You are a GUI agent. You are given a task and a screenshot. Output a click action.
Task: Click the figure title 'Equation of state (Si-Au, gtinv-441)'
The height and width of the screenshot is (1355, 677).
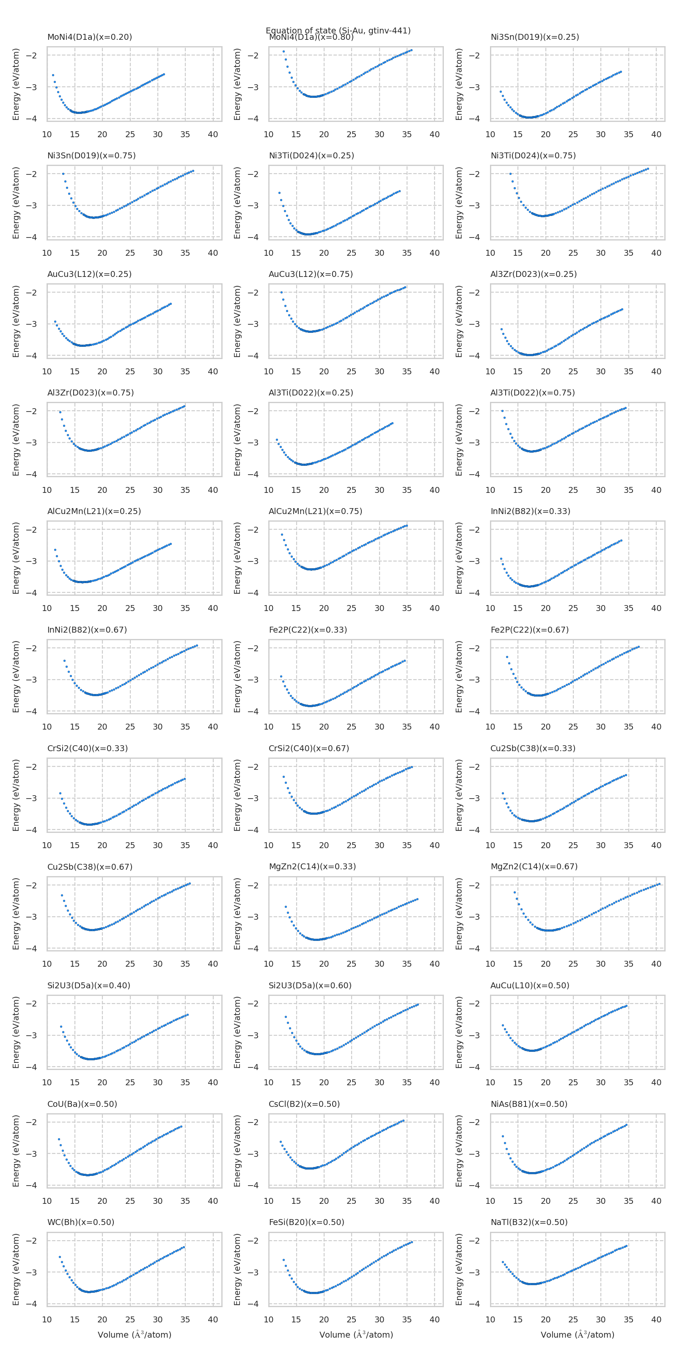(338, 30)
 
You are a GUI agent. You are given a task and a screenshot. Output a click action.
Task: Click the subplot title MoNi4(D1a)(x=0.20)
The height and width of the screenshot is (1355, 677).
(89, 37)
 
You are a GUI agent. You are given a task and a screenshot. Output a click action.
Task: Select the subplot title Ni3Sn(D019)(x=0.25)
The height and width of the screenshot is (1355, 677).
(534, 37)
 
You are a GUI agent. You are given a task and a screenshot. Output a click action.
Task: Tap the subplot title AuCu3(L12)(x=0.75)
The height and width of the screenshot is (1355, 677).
(311, 274)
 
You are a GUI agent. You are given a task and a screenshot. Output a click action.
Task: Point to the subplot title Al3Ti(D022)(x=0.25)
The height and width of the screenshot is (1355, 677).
(311, 393)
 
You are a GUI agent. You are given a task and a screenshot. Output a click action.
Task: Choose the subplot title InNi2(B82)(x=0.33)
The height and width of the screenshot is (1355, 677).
(530, 511)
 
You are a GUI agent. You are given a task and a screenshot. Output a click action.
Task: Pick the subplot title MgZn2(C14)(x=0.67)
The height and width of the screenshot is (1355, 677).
(534, 866)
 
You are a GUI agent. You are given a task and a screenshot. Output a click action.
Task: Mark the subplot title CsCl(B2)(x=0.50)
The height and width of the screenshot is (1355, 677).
(304, 1103)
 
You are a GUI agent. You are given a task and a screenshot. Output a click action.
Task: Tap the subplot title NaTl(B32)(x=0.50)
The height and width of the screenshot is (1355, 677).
(529, 1222)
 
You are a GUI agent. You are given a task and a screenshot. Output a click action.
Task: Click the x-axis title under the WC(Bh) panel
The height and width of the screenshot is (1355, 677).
(135, 1335)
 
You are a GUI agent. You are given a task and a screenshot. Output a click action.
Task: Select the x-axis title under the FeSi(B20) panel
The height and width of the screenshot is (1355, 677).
(356, 1335)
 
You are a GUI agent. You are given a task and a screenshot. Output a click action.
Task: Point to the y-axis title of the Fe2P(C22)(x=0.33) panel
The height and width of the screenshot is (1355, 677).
(237, 677)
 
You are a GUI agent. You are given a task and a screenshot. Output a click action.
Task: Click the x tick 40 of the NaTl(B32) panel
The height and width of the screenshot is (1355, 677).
(656, 1319)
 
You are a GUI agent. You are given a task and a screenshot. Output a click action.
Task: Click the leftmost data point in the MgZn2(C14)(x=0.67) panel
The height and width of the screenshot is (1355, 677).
(515, 892)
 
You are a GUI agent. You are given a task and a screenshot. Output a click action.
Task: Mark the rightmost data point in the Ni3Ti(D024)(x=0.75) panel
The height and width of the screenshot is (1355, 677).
(647, 169)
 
